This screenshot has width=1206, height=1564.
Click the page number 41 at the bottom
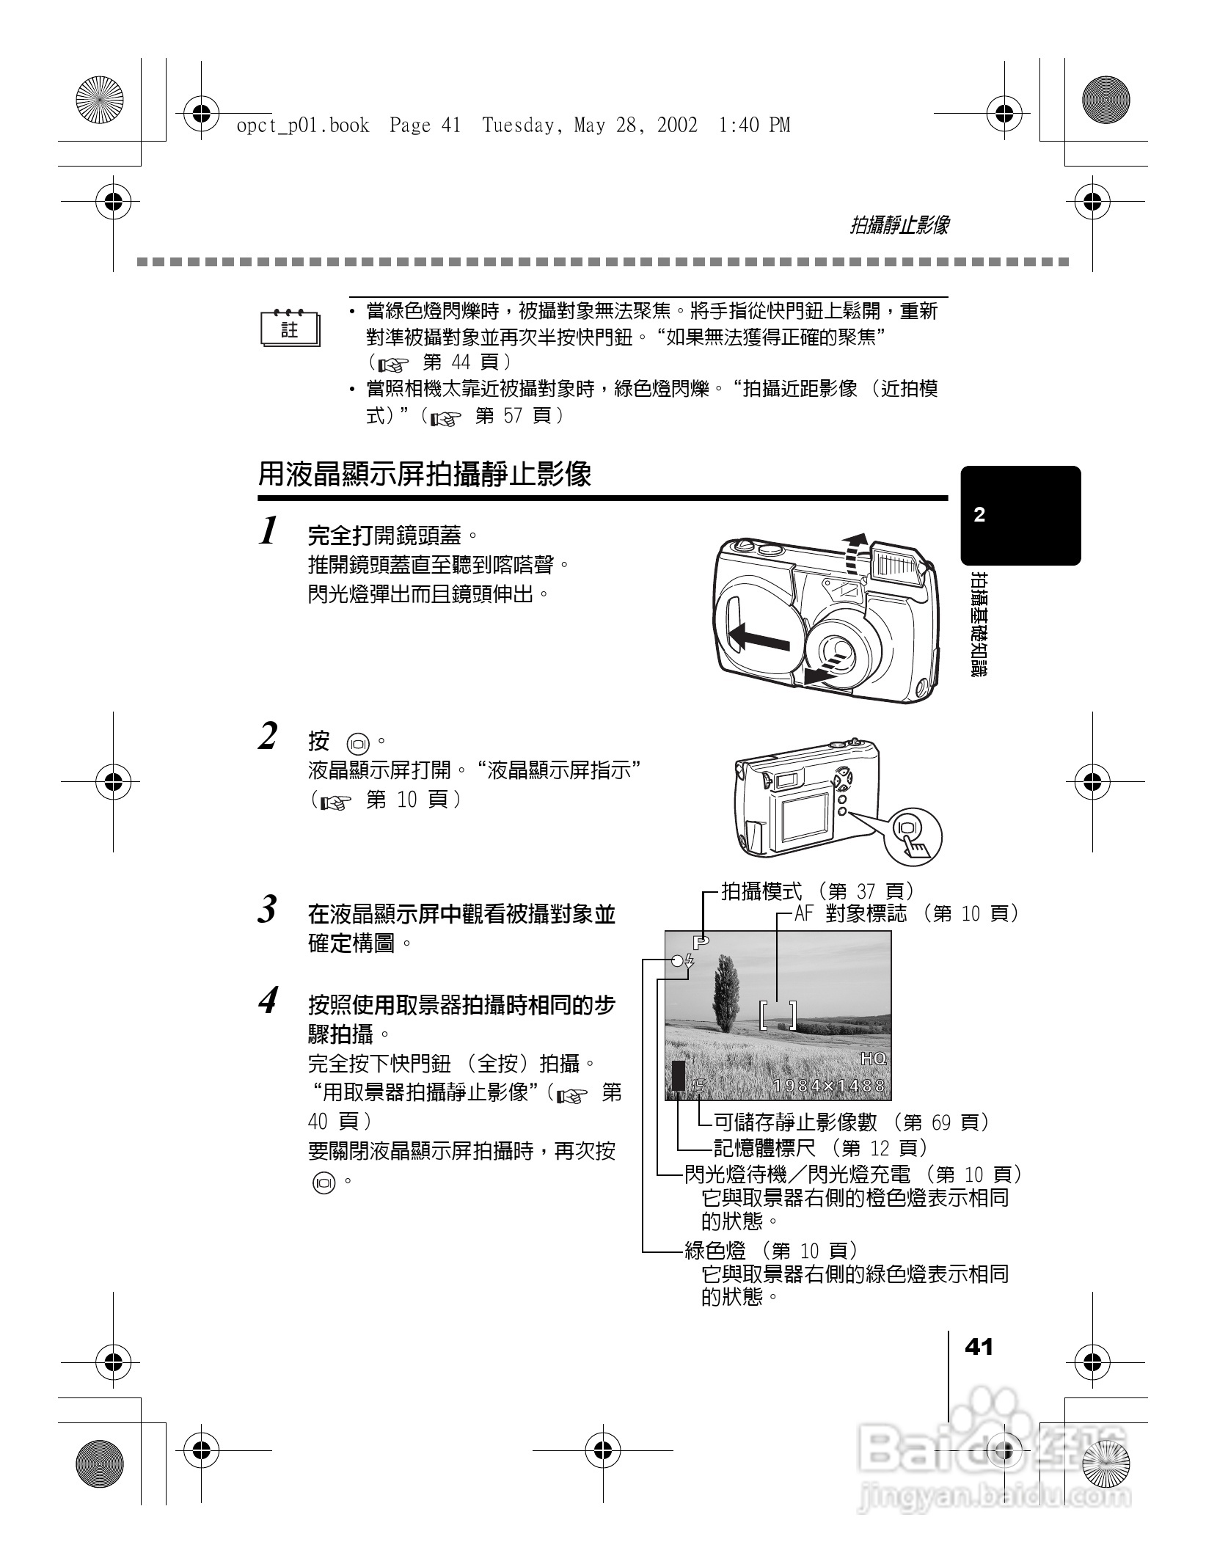(979, 1347)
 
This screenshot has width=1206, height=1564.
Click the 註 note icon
(290, 329)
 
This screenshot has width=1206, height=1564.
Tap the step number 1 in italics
(269, 530)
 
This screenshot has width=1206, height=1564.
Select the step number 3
(268, 910)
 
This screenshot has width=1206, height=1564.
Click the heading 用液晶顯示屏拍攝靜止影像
(425, 475)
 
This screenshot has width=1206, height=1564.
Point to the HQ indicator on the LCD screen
(873, 1059)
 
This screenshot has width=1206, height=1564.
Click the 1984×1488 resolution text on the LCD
(829, 1086)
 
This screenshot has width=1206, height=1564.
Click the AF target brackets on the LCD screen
(778, 1015)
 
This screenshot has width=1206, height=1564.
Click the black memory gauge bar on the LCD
(678, 1076)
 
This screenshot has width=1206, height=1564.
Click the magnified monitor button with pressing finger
(912, 836)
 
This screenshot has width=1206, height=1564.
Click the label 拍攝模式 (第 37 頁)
(817, 891)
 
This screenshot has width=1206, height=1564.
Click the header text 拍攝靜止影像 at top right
(899, 225)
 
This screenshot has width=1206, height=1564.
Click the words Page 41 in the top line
(425, 125)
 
